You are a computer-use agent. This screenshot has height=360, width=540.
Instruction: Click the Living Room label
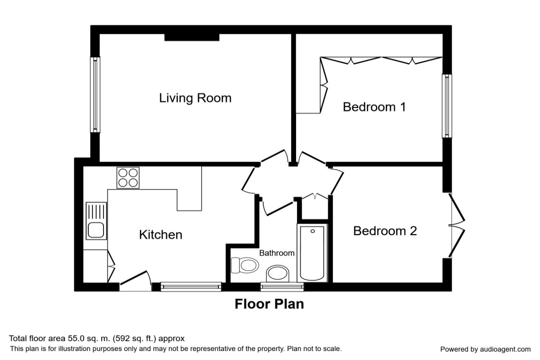tap(195, 98)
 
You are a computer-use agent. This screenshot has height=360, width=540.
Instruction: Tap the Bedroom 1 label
tap(374, 107)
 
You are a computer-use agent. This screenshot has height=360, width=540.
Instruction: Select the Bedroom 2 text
tap(385, 231)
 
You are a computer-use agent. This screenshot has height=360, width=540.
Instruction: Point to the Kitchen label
tap(161, 234)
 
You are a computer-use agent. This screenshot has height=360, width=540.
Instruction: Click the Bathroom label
tap(277, 253)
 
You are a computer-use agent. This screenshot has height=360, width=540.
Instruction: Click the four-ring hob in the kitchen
tap(128, 178)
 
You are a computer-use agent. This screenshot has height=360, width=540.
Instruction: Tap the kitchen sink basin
tap(96, 230)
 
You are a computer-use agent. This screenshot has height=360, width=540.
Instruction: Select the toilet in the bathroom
tap(245, 265)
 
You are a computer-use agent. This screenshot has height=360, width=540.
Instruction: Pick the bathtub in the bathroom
tap(312, 253)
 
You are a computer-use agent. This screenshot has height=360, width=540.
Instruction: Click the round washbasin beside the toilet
tap(278, 274)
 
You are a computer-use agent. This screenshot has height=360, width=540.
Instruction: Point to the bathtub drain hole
tap(313, 231)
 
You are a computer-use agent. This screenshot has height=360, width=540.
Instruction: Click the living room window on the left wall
tap(95, 94)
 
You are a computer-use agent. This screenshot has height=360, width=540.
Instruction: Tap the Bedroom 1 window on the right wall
tap(447, 106)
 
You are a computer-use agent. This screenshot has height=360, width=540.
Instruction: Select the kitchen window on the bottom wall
tap(191, 287)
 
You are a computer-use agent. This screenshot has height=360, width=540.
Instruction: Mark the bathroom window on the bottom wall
tap(282, 287)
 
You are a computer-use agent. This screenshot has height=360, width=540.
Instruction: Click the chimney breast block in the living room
tap(192, 37)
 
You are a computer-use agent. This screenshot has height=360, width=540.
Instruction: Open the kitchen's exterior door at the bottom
tap(135, 281)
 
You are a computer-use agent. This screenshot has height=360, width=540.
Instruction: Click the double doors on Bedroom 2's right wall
tap(457, 225)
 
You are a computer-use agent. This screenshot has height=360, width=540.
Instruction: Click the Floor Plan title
tap(269, 304)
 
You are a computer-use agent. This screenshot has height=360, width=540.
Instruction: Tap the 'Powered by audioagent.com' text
tap(485, 349)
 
